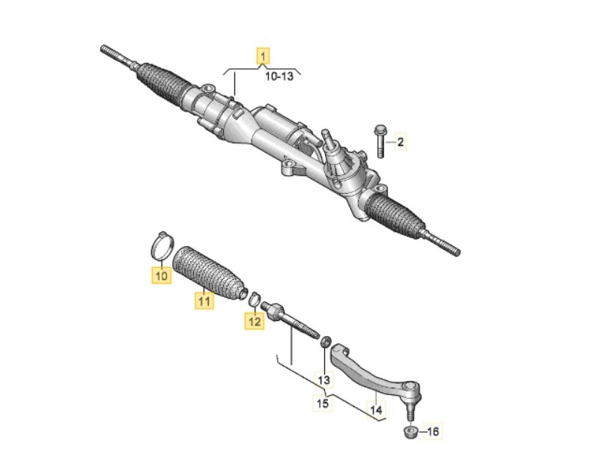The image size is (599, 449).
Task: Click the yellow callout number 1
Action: coord(264,55)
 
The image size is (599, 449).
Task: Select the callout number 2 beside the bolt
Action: coord(400,141)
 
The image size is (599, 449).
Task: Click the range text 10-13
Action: coord(278,76)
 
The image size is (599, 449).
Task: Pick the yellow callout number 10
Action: coord(161,275)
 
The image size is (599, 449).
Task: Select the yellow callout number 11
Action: coord(202,301)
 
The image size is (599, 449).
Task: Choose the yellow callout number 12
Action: coord(255,322)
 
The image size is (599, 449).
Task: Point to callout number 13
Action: coord(323,380)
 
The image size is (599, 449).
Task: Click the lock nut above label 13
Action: coord(325,342)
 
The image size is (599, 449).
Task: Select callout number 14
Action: coord(375,410)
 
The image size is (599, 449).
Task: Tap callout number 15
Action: coord(323,404)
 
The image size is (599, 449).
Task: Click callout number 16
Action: coord(434,432)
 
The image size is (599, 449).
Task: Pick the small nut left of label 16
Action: coord(410,432)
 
